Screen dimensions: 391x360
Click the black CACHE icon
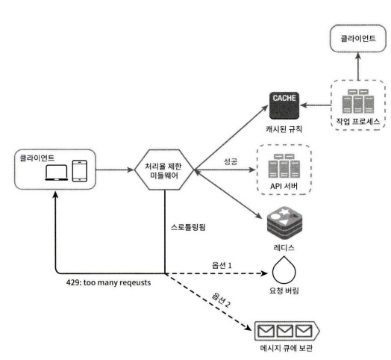(x=284, y=105)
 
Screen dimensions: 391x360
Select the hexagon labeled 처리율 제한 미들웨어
(x=164, y=170)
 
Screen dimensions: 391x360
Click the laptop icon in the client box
(x=57, y=173)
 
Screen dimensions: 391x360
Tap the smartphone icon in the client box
(x=80, y=171)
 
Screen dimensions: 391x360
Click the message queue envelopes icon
(x=287, y=331)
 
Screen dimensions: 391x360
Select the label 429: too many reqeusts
(x=108, y=282)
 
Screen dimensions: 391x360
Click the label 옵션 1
(x=222, y=265)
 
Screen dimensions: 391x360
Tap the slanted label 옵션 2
(x=221, y=300)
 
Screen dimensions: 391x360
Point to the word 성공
(x=231, y=161)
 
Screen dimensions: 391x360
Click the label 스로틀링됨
(x=188, y=227)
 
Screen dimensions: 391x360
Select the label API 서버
(x=284, y=186)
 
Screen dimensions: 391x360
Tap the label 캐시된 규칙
(x=284, y=129)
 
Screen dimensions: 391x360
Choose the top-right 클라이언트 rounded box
(x=358, y=38)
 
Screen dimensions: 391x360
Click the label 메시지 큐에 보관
(x=286, y=348)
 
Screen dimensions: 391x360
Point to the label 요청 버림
(x=284, y=291)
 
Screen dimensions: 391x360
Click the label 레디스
(x=284, y=247)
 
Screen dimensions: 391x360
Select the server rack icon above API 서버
(x=284, y=166)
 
